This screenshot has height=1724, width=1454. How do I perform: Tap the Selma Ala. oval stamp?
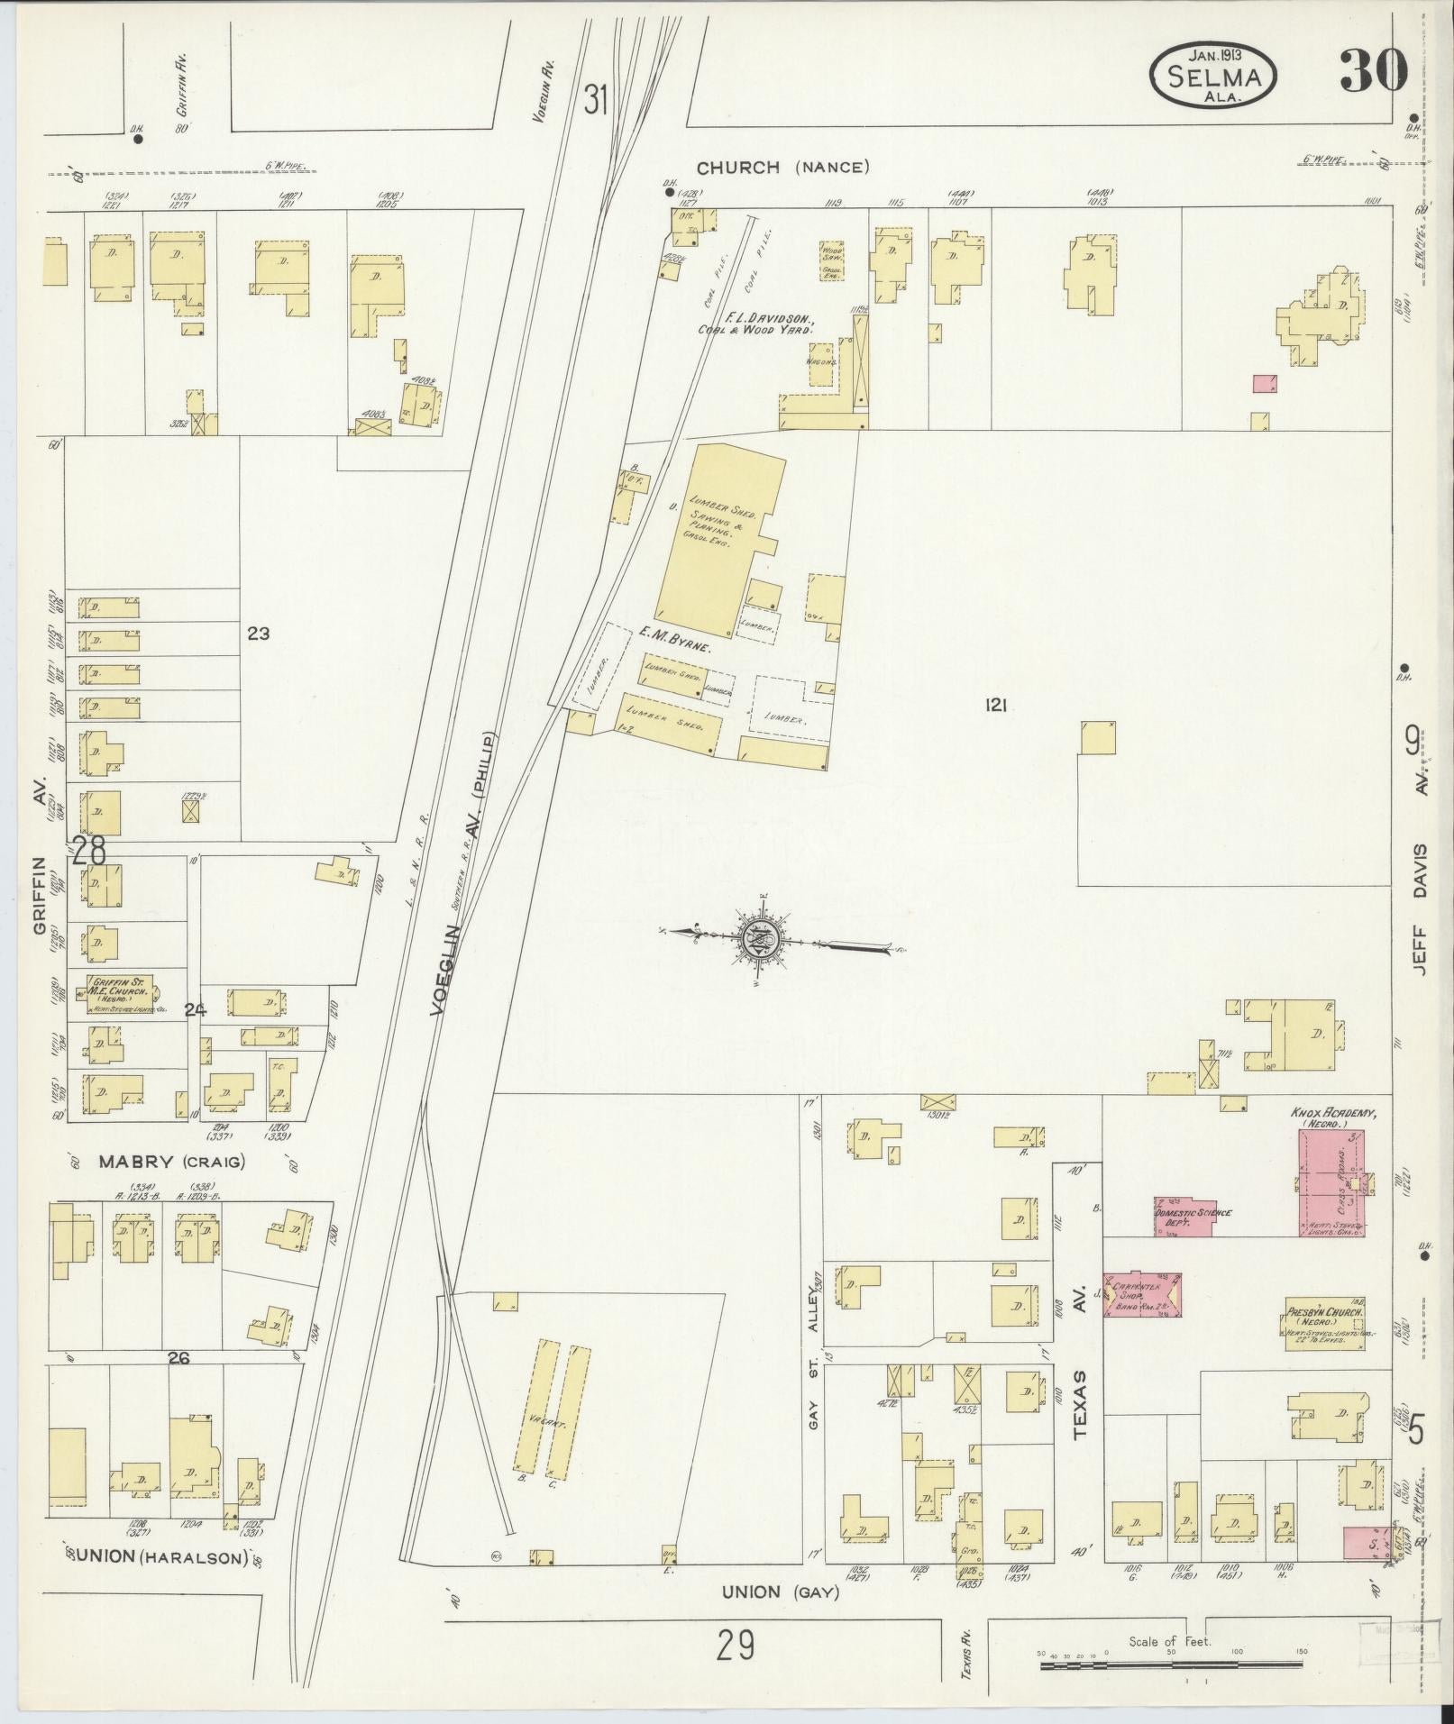coord(1212,73)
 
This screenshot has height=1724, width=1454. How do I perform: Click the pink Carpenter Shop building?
coord(1142,1298)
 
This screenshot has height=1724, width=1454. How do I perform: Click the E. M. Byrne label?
coord(675,647)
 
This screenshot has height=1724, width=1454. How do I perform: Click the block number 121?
coord(995,707)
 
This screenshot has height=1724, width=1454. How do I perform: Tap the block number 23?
coord(258,634)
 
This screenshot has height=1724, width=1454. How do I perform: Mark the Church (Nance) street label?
coord(782,167)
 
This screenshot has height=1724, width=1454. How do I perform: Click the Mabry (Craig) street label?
coord(171,1161)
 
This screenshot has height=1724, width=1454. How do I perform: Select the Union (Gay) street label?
coord(780,1592)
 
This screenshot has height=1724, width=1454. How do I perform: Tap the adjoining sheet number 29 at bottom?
coord(736,1646)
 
